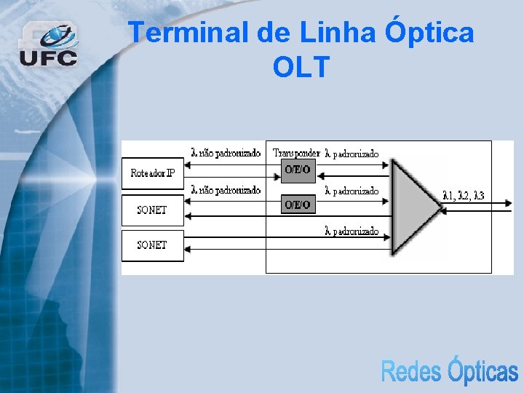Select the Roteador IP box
tap(152, 173)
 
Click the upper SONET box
tap(152, 210)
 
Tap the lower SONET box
tap(152, 245)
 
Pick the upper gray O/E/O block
tap(297, 170)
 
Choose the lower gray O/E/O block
tap(297, 205)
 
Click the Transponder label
tap(295, 153)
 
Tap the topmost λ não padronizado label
tap(226, 153)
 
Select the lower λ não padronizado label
tap(226, 190)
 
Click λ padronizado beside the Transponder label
tap(352, 154)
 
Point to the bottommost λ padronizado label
tap(352, 231)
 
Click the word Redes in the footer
tap(411, 371)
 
